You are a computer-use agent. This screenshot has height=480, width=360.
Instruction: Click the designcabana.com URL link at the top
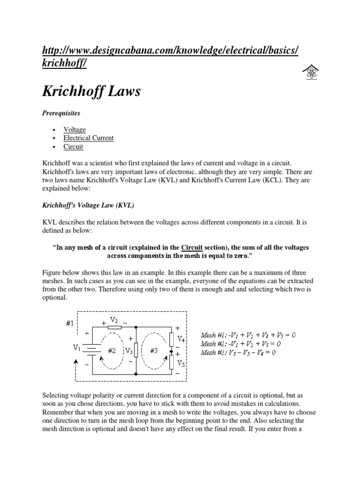pyautogui.click(x=169, y=57)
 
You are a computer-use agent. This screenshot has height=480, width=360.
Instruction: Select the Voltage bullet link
pyautogui.click(x=75, y=129)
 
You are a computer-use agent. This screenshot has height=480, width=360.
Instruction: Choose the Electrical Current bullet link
pyautogui.click(x=89, y=138)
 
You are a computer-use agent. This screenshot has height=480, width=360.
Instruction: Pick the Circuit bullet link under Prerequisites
pyautogui.click(x=74, y=146)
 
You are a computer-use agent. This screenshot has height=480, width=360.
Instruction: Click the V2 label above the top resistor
pyautogui.click(x=114, y=319)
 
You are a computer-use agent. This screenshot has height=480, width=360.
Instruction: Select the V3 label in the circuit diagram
pyautogui.click(x=128, y=350)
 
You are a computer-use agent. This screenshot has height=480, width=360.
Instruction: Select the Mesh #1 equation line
pyautogui.click(x=248, y=335)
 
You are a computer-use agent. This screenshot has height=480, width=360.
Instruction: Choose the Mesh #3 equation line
pyautogui.click(x=238, y=352)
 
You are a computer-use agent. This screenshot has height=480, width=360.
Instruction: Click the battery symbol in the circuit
pyautogui.click(x=93, y=349)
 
